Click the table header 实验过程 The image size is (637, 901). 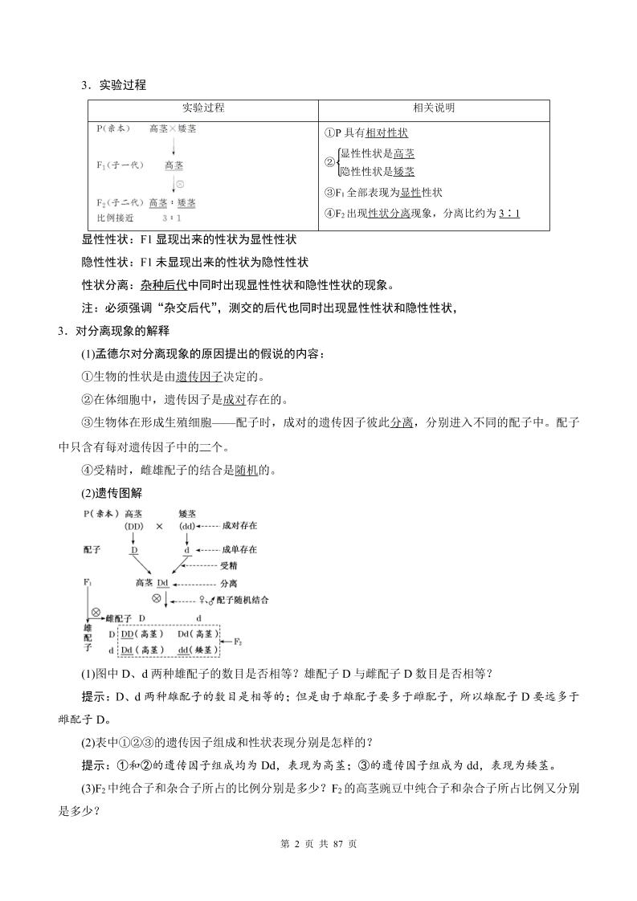pos(203,108)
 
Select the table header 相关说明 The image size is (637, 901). pos(434,108)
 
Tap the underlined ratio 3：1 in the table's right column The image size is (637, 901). pos(509,213)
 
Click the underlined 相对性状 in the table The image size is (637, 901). pos(387,133)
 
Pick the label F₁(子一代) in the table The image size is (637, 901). pos(119,165)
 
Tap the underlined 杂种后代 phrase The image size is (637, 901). pos(164,284)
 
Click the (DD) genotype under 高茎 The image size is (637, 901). pos(134,526)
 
